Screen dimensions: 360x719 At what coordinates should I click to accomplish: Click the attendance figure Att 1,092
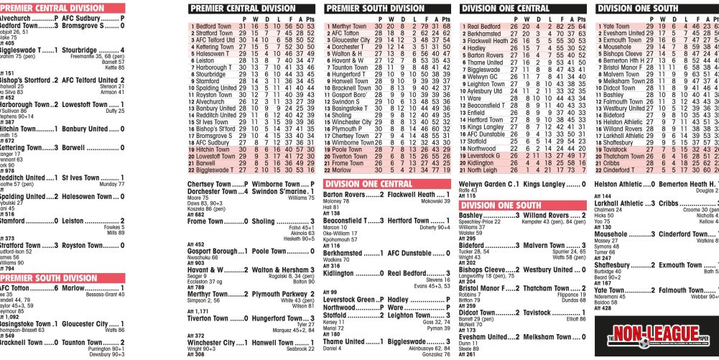tap(10, 317)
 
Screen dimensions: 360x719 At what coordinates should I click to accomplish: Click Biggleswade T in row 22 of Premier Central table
tap(215, 170)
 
